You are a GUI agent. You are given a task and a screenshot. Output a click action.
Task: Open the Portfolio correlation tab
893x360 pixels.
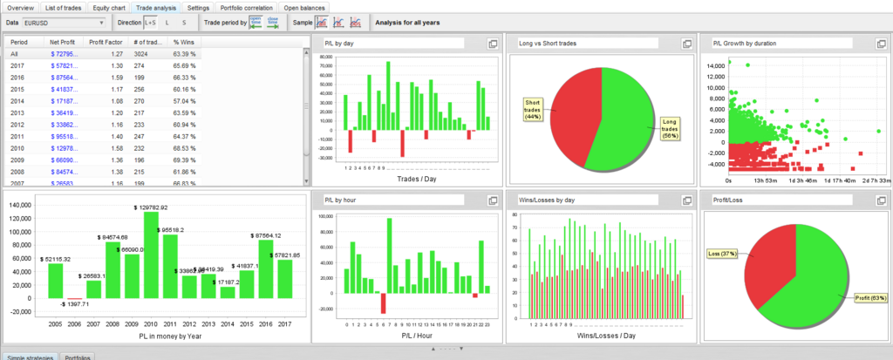coord(248,7)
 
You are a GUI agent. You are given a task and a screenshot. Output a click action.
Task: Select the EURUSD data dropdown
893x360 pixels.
coord(63,22)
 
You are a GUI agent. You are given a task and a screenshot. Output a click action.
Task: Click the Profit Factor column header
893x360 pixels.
coord(105,42)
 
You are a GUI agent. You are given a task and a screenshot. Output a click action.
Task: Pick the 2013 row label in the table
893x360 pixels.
coord(18,112)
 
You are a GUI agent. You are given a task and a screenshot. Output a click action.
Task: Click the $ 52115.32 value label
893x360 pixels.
coord(54,260)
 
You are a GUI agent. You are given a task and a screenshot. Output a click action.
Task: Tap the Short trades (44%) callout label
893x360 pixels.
coord(531,108)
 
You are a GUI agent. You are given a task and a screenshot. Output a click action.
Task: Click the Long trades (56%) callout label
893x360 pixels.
coord(671,127)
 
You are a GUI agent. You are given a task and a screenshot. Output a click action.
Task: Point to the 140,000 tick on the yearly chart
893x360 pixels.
coord(19,205)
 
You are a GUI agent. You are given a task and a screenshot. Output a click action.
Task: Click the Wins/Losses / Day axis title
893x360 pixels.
coord(601,335)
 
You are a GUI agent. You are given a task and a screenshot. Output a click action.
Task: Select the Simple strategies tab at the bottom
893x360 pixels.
coord(31,357)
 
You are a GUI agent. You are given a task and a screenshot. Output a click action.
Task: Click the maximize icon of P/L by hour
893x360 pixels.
coord(492,200)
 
